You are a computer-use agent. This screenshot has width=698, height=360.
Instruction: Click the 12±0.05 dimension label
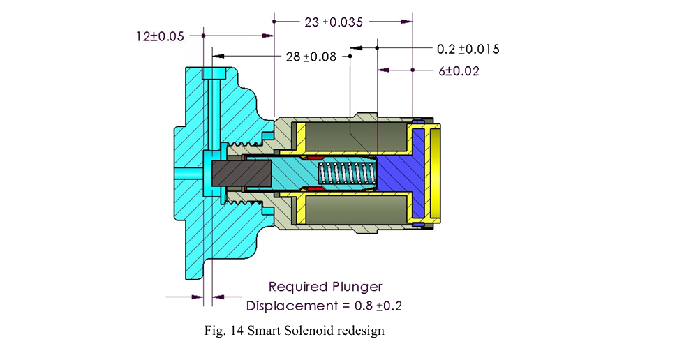(160, 35)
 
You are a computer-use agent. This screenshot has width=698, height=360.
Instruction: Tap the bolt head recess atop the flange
(214, 74)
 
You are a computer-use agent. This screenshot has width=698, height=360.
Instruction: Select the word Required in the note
(297, 286)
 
